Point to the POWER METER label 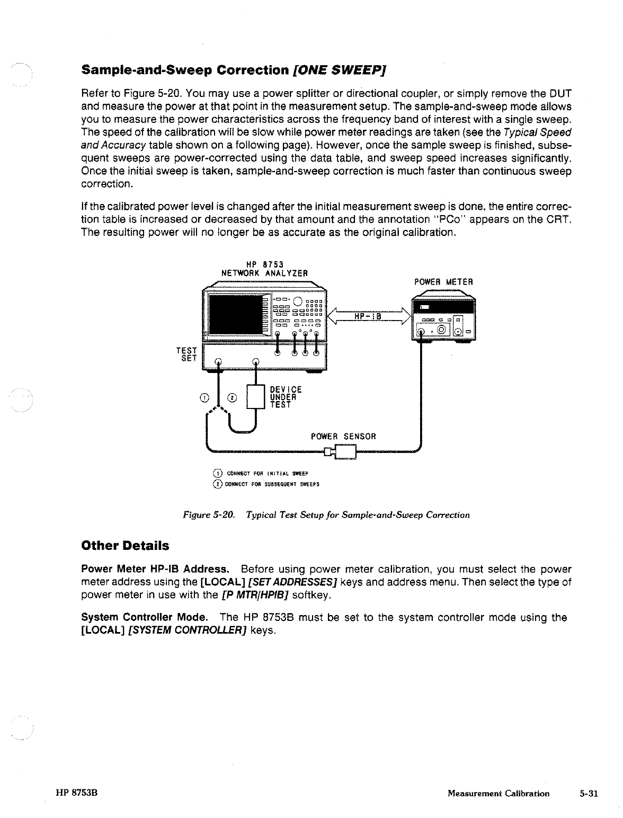[443, 282]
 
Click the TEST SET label [189, 354]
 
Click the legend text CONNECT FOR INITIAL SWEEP [267, 473]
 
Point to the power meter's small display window [425, 307]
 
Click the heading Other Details [125, 545]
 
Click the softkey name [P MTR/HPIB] [254, 595]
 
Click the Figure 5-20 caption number [209, 514]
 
